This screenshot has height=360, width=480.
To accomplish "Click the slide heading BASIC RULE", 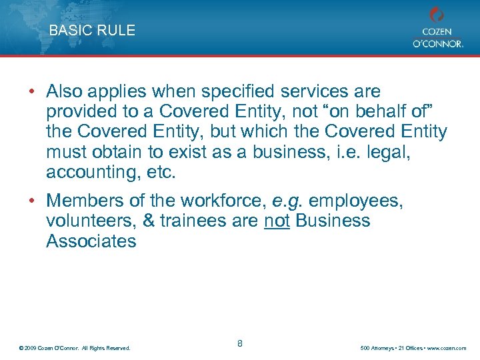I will [x=92, y=30].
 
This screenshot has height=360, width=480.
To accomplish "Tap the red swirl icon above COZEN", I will [x=437, y=15].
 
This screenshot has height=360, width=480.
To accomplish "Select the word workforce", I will [x=219, y=201].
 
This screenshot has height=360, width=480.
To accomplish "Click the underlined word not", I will [x=276, y=221].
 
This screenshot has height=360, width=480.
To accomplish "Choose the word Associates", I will [x=91, y=241].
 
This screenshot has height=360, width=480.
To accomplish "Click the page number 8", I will [x=240, y=343].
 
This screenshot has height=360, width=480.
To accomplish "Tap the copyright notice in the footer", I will [x=75, y=348].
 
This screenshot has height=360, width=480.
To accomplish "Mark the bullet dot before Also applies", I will [x=31, y=92].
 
